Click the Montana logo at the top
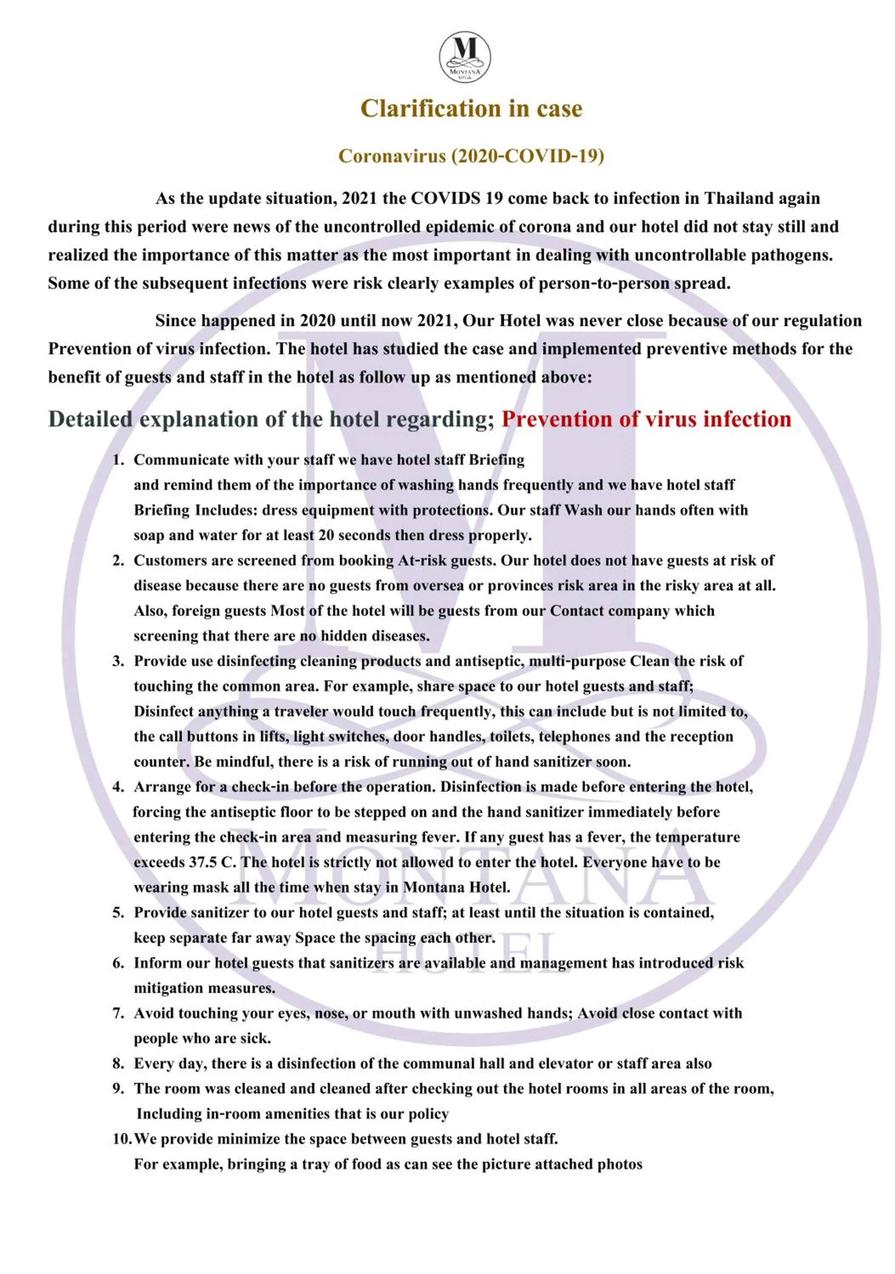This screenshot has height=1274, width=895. point(465,56)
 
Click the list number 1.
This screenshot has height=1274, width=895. point(118,460)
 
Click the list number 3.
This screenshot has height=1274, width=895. point(118,661)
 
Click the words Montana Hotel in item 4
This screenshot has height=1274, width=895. point(456,887)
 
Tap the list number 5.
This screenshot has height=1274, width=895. point(118,913)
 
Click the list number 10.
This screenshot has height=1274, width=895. point(122,1139)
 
